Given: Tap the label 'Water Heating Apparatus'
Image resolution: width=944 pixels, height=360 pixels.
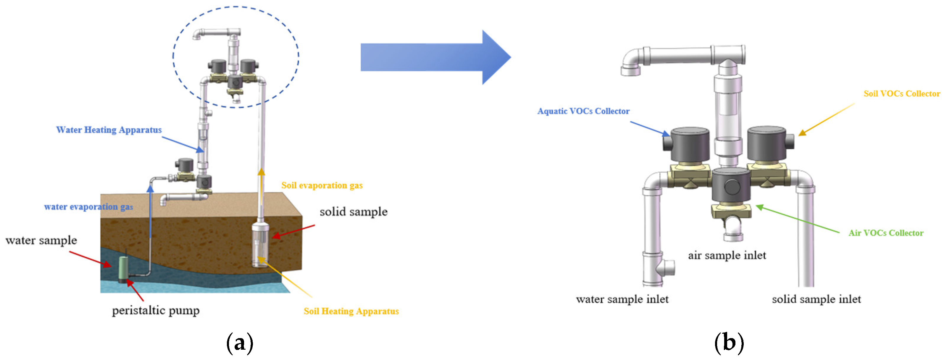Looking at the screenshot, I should (109, 130).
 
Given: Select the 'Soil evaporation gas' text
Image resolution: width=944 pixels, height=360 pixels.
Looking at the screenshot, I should (322, 185).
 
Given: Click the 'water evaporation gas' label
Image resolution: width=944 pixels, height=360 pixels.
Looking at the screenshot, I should (88, 206).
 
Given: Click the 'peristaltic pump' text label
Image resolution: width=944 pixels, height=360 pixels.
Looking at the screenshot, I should (156, 310).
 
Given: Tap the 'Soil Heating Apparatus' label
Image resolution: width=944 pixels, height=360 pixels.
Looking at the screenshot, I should (351, 311).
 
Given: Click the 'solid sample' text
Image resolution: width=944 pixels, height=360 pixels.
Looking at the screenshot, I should (353, 212).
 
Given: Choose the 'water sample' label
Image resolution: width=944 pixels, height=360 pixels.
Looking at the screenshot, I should (41, 240).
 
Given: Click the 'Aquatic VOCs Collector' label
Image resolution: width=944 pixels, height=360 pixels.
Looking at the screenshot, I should (583, 111).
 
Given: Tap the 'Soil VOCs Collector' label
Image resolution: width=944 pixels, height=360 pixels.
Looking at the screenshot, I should (901, 93).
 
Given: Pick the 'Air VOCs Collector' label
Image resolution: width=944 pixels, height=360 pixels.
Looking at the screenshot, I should (885, 233).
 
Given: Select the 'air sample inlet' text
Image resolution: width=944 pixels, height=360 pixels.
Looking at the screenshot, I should (727, 255).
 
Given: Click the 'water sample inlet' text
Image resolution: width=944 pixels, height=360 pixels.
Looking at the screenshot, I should (622, 299).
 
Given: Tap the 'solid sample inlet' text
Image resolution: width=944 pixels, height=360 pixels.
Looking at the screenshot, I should (816, 299).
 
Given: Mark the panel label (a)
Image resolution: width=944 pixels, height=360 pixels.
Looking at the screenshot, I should (240, 343).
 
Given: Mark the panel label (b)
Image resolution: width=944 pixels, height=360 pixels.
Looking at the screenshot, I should (729, 343).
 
